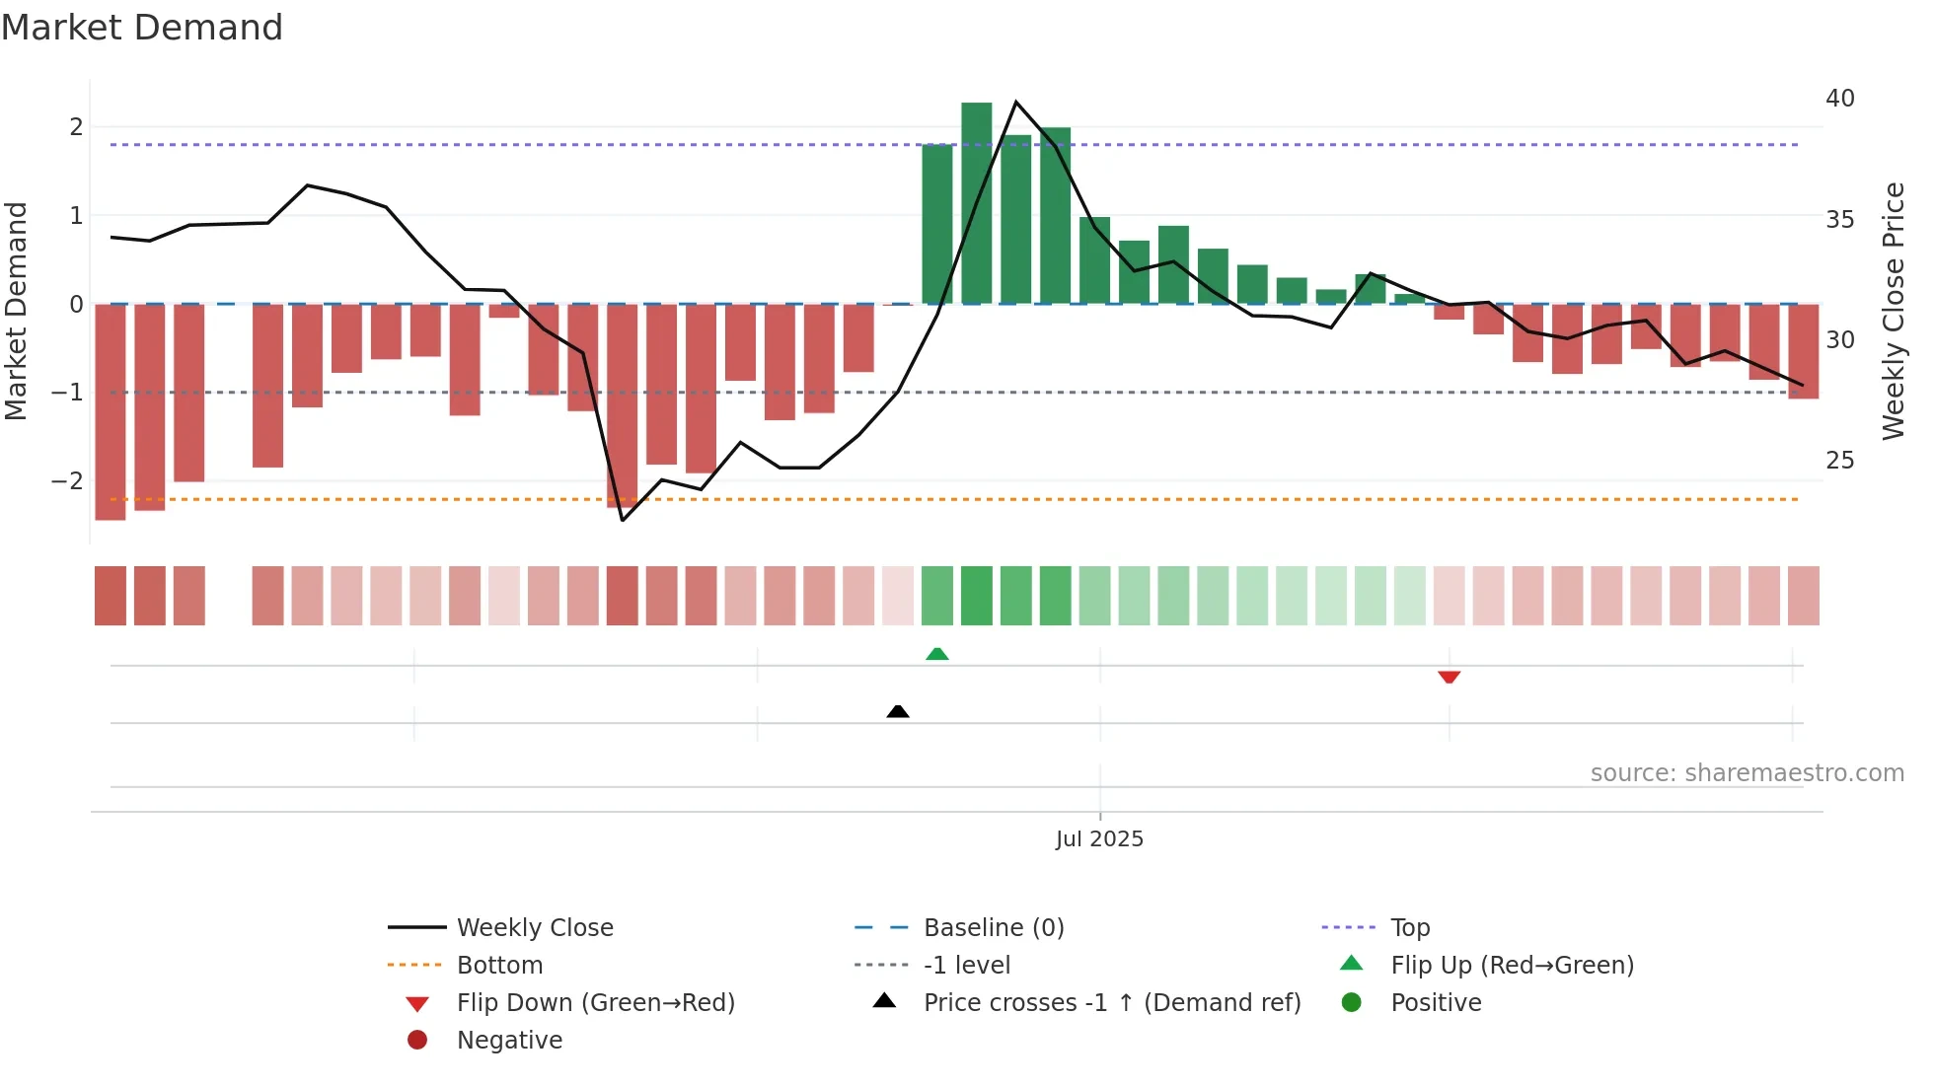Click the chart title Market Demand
click(142, 28)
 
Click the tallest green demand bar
click(976, 202)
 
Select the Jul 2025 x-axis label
click(1099, 838)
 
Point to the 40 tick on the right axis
click(1839, 99)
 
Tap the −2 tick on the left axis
click(67, 481)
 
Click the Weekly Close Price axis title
click(1893, 311)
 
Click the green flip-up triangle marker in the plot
click(937, 654)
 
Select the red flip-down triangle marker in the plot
click(1449, 677)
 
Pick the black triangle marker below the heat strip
click(898, 711)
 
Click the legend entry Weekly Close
click(534, 927)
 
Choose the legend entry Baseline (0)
click(993, 927)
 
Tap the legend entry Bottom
click(499, 965)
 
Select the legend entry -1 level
click(966, 965)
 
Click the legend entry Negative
click(509, 1040)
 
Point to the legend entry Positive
click(1436, 1002)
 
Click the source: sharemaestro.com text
click(1747, 773)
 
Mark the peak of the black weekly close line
click(1015, 102)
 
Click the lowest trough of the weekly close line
click(623, 520)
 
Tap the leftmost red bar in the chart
click(111, 411)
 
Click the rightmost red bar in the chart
click(1803, 351)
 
